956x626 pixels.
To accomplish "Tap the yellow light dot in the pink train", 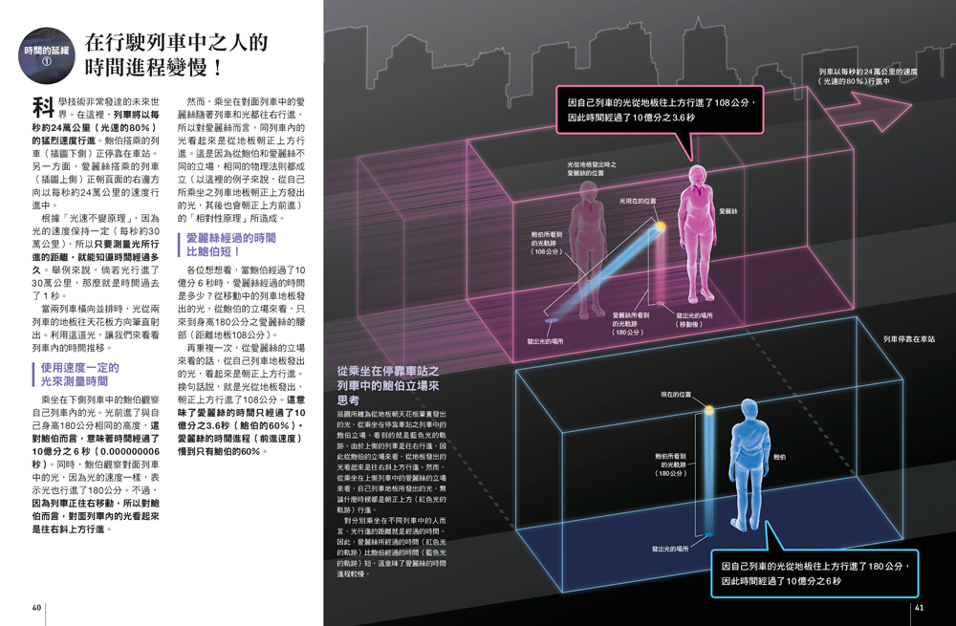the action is click(x=659, y=227).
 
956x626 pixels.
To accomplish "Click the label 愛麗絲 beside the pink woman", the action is click(x=728, y=210).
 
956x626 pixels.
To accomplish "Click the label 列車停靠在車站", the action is click(x=908, y=339).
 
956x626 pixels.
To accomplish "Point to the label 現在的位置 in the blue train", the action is click(x=676, y=395).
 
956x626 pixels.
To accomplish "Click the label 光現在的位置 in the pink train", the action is click(x=638, y=202).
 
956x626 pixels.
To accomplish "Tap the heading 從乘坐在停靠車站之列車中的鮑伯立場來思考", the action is click(x=388, y=384).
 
